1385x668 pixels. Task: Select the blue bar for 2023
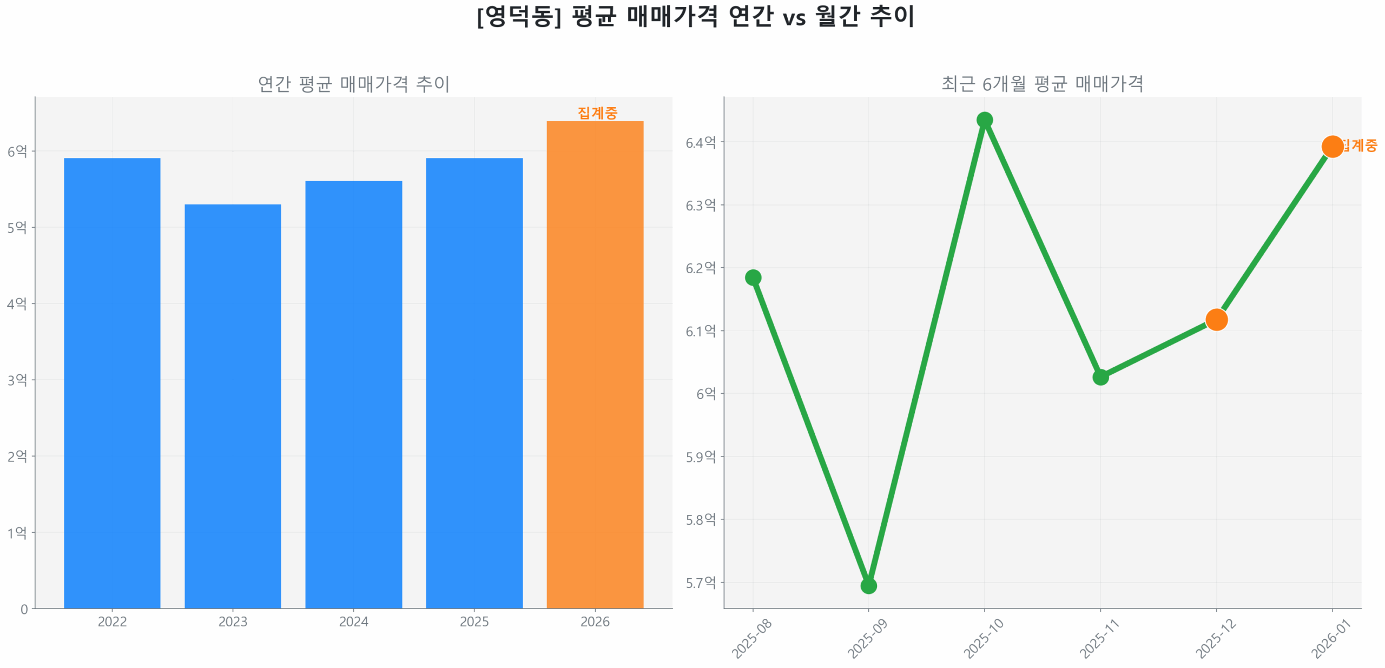point(233,406)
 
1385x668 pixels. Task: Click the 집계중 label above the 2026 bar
point(597,113)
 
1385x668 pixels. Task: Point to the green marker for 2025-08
point(753,277)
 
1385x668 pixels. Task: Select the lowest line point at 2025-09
point(868,586)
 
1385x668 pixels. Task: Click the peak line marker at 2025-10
point(985,120)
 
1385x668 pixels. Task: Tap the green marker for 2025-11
point(1100,377)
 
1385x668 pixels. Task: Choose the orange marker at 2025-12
point(1216,320)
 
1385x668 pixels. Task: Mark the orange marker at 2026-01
point(1332,146)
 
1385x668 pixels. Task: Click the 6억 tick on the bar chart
point(17,151)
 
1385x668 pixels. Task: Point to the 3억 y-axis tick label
point(17,380)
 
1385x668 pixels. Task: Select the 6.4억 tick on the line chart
point(701,142)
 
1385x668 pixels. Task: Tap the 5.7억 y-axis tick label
point(701,583)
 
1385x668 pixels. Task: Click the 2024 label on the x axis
point(353,621)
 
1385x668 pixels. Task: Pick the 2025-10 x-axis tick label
point(983,638)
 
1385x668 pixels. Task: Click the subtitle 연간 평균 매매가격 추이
point(353,84)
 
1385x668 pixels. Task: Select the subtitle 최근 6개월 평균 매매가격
point(1042,84)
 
